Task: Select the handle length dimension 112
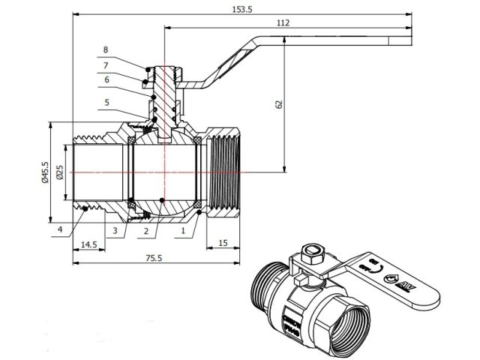[282, 23]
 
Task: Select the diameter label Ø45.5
[46, 172]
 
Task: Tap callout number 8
[106, 49]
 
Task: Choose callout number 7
[106, 64]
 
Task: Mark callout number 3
[115, 230]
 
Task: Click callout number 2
[147, 230]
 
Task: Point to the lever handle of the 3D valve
[397, 281]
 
